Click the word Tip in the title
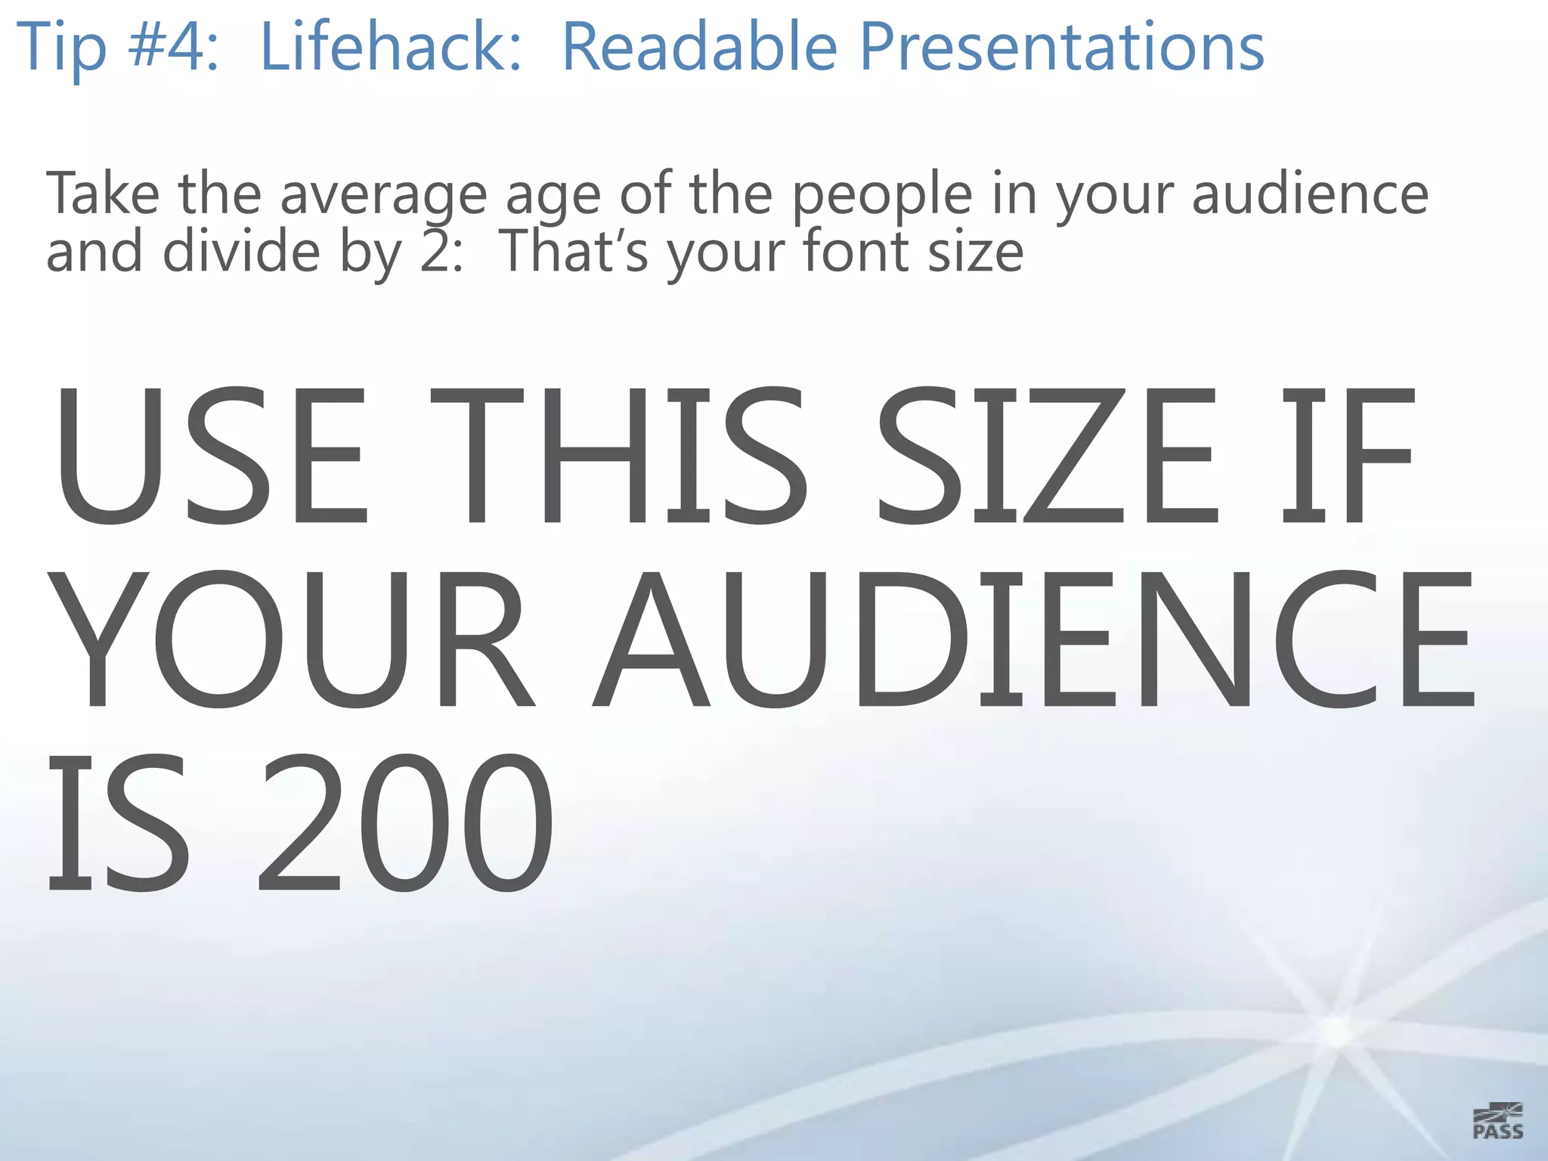click(61, 47)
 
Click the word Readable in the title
click(700, 47)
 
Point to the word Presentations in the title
click(1061, 47)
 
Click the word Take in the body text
click(103, 193)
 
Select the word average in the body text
click(384, 195)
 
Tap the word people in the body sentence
click(881, 195)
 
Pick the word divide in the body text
click(242, 251)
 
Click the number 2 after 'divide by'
click(437, 251)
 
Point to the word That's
click(574, 251)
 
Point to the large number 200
click(405, 822)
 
